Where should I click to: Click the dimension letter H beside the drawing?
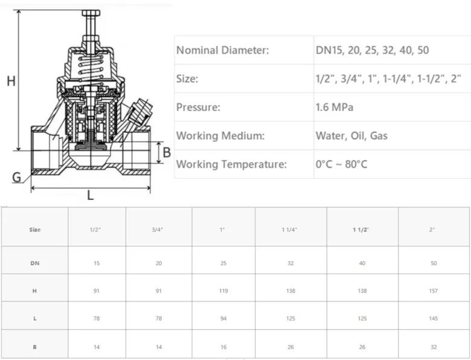pos(11,81)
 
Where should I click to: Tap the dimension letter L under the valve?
pos(90,195)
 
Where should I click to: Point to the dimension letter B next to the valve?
pos(167,152)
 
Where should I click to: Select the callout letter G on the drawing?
pos(17,178)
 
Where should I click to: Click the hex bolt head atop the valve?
pos(91,13)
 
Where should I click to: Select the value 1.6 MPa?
pos(335,108)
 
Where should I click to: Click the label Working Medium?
pos(220,136)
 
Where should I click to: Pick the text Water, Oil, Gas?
pos(351,136)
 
